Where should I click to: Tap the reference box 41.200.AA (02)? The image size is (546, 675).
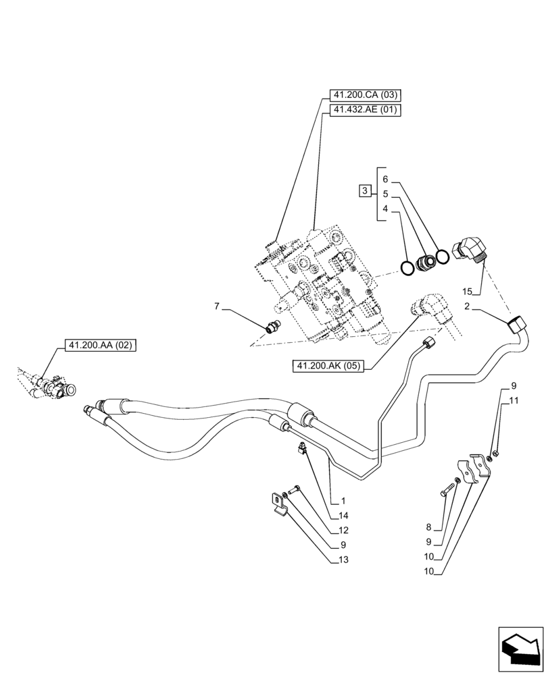[101, 345]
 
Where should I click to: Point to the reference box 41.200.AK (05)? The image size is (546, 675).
[328, 367]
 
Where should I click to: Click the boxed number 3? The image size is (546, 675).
[364, 192]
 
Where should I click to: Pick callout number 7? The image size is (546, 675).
[218, 307]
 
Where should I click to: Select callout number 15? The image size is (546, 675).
[467, 292]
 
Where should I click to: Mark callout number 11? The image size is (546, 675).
[514, 400]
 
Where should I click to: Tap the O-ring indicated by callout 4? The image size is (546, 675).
[407, 268]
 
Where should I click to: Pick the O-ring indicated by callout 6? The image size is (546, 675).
[443, 256]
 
